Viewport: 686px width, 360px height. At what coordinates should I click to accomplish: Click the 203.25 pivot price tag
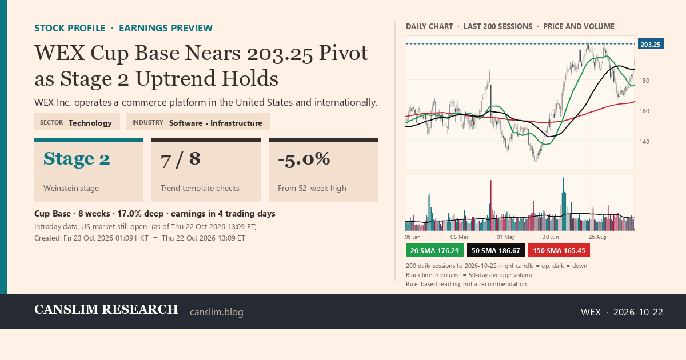(x=651, y=44)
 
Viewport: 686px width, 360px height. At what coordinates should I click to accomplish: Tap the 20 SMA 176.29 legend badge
(x=434, y=250)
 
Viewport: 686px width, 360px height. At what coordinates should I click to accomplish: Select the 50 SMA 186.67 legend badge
(x=496, y=250)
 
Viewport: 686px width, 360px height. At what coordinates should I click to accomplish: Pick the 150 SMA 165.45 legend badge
(x=559, y=250)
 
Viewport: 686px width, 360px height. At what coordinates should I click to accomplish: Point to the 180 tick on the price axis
(x=644, y=81)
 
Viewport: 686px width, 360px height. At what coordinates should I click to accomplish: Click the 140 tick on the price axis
(x=644, y=142)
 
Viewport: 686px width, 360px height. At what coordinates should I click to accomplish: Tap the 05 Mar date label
(x=460, y=237)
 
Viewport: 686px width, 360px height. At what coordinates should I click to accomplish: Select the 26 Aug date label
(x=597, y=237)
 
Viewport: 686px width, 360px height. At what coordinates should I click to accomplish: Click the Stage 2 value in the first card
(x=77, y=159)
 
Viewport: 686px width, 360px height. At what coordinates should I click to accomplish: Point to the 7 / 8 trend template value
(x=181, y=159)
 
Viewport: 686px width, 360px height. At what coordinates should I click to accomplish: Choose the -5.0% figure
(x=304, y=159)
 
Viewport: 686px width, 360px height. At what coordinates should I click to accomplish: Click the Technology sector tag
(x=90, y=123)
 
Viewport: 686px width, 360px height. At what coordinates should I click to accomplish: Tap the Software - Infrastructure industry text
(x=216, y=123)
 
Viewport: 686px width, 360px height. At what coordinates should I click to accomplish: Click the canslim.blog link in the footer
(x=217, y=312)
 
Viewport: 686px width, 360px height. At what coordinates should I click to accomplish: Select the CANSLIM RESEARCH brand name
(x=106, y=310)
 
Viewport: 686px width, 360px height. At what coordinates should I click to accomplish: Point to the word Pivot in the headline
(x=344, y=53)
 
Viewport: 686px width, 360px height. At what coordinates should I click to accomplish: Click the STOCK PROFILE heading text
(x=70, y=28)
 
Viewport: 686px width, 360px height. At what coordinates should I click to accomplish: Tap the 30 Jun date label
(x=551, y=237)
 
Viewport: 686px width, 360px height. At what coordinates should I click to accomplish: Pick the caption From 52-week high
(x=312, y=188)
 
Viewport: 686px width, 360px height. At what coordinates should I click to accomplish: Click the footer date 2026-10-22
(x=638, y=312)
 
